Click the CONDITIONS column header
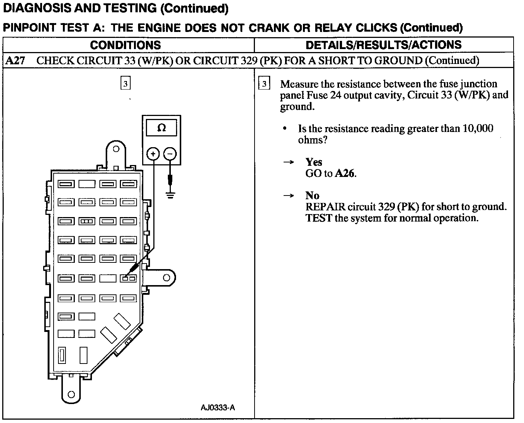point(125,45)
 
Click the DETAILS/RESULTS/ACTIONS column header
point(383,45)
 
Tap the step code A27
point(15,61)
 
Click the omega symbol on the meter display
point(162,128)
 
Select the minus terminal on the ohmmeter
point(170,154)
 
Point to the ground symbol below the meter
point(170,195)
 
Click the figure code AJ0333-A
point(218,407)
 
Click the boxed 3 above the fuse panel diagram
point(125,84)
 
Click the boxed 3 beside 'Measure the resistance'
point(264,84)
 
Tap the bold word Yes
point(314,162)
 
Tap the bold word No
point(312,196)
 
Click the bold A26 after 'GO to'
point(345,173)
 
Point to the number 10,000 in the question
point(478,129)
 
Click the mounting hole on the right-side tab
point(166,278)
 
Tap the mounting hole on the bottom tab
point(71,394)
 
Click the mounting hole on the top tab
point(116,149)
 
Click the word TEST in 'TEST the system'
point(319,218)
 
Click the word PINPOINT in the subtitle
point(29,28)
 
